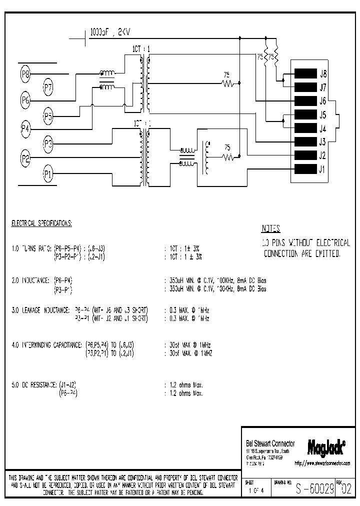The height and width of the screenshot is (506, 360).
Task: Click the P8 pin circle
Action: tap(26, 75)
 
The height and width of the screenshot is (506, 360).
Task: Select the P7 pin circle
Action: tap(48, 88)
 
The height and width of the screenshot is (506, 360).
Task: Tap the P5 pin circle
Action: tap(48, 117)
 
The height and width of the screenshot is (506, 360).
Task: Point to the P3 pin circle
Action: tap(48, 145)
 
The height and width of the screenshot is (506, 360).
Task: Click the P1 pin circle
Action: tap(48, 174)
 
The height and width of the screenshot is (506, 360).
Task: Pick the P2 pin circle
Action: tap(26, 159)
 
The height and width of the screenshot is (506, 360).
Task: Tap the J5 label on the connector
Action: tap(323, 114)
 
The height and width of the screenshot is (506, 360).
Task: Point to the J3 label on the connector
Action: tap(323, 141)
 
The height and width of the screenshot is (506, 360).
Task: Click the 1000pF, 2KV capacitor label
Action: tap(110, 32)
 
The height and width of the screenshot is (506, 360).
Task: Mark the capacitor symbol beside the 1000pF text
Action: tap(83, 36)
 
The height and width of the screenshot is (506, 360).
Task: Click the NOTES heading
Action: tap(271, 229)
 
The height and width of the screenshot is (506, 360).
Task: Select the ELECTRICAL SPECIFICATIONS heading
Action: tap(41, 223)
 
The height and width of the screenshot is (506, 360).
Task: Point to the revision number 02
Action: tap(345, 489)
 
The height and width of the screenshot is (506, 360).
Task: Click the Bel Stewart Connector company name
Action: tap(270, 443)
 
